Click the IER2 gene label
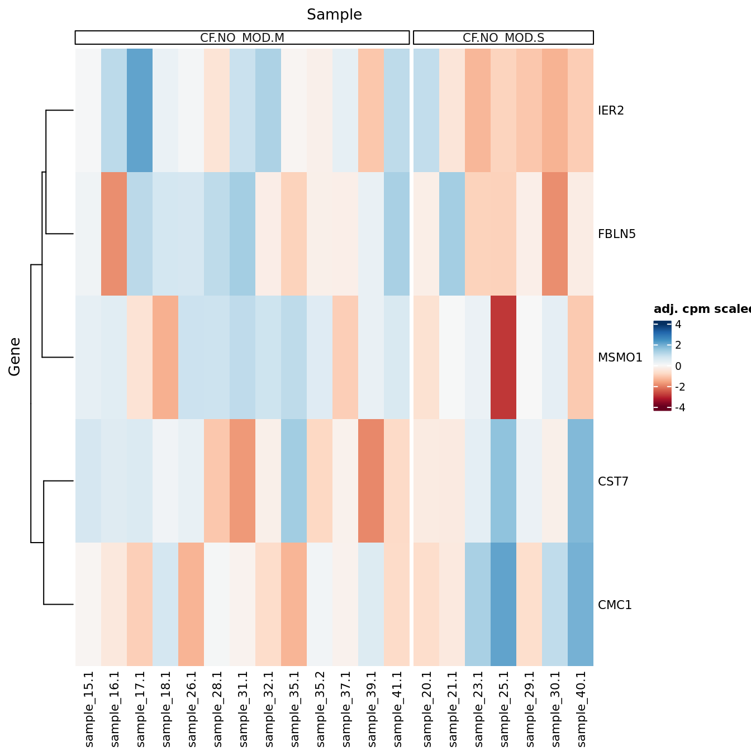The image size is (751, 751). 610,111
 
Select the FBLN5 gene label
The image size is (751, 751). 616,234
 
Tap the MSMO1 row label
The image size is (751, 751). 620,358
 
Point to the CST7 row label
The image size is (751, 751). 613,482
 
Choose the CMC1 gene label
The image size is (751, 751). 615,605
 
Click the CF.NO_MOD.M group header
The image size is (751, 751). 242,37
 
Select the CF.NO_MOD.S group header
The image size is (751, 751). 503,37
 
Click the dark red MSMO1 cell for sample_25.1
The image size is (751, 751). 503,358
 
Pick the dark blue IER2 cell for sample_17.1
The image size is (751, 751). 140,111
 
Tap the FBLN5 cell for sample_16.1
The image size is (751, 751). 114,234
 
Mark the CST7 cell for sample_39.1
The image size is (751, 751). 371,481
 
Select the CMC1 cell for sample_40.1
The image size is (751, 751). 581,605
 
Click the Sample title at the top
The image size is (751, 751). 334,15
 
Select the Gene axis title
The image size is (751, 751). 15,357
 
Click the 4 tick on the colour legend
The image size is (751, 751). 678,325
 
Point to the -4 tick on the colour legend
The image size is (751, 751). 679,408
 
